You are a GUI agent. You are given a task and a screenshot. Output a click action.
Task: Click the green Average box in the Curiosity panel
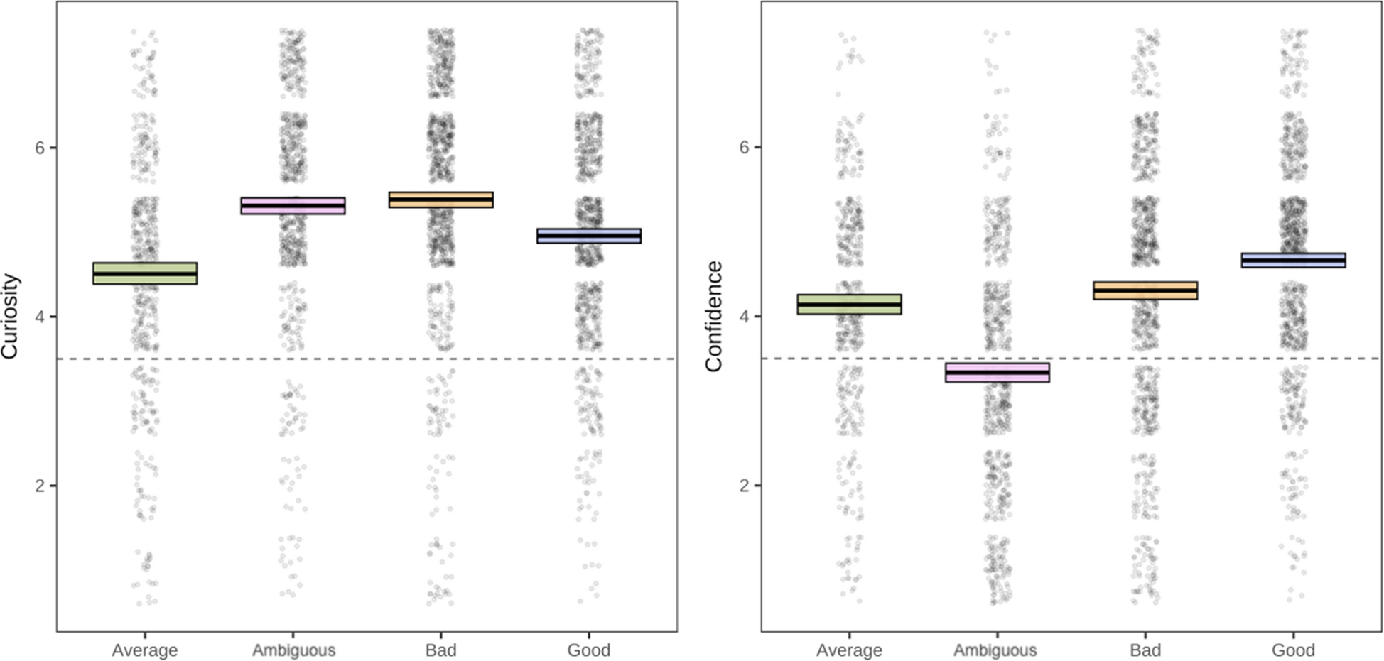pos(145,273)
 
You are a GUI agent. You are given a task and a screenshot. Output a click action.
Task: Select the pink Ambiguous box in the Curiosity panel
pos(293,206)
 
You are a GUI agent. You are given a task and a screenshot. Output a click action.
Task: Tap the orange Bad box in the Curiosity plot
pos(440,200)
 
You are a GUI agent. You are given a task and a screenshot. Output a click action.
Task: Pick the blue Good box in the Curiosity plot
pos(589,236)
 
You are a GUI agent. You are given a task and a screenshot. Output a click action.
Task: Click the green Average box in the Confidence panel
pos(849,305)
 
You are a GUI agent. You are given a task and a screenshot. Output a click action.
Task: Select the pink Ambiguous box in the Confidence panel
pos(997,373)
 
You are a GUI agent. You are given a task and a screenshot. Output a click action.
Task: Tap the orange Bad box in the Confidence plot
pos(1145,290)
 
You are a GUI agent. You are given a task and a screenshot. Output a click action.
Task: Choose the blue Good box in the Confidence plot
pos(1293,261)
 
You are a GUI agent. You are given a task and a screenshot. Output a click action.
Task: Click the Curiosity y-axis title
pos(11,316)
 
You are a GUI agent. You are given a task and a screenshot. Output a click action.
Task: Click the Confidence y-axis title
pos(713,316)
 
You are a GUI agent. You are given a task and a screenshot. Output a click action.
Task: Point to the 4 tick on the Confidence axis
pos(745,317)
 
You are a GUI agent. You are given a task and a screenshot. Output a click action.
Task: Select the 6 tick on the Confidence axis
pos(745,148)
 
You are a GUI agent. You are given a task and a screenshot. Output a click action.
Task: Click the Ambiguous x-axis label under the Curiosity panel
pos(293,650)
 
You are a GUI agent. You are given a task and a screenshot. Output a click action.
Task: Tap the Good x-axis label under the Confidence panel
pos(1293,650)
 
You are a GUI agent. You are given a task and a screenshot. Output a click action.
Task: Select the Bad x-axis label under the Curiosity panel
pos(440,650)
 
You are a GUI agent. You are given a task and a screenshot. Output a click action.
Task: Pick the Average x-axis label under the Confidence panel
pos(849,650)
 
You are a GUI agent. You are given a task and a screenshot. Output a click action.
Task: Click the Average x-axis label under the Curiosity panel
pos(145,650)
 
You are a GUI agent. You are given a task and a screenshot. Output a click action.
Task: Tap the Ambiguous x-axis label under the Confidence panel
pos(995,650)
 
